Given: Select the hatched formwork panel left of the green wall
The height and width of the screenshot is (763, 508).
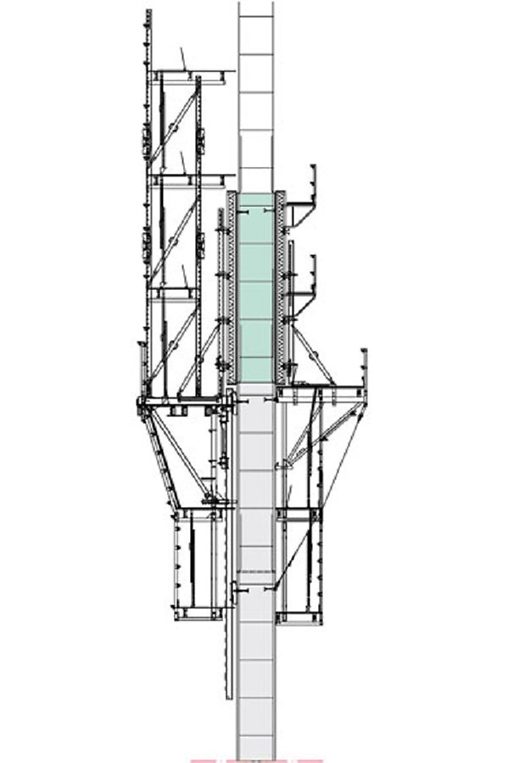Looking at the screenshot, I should [231, 288].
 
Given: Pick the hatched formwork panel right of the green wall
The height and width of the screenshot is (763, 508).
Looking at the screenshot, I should [281, 288].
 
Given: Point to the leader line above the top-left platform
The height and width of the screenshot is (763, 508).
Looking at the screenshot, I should [182, 58].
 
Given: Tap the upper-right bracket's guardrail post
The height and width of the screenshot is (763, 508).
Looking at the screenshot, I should [314, 182].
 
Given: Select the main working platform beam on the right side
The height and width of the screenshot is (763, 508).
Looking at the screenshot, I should [322, 391].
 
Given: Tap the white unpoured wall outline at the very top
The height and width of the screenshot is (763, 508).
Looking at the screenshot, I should [255, 85].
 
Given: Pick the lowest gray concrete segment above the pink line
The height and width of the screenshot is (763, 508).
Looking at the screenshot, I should [255, 729].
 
